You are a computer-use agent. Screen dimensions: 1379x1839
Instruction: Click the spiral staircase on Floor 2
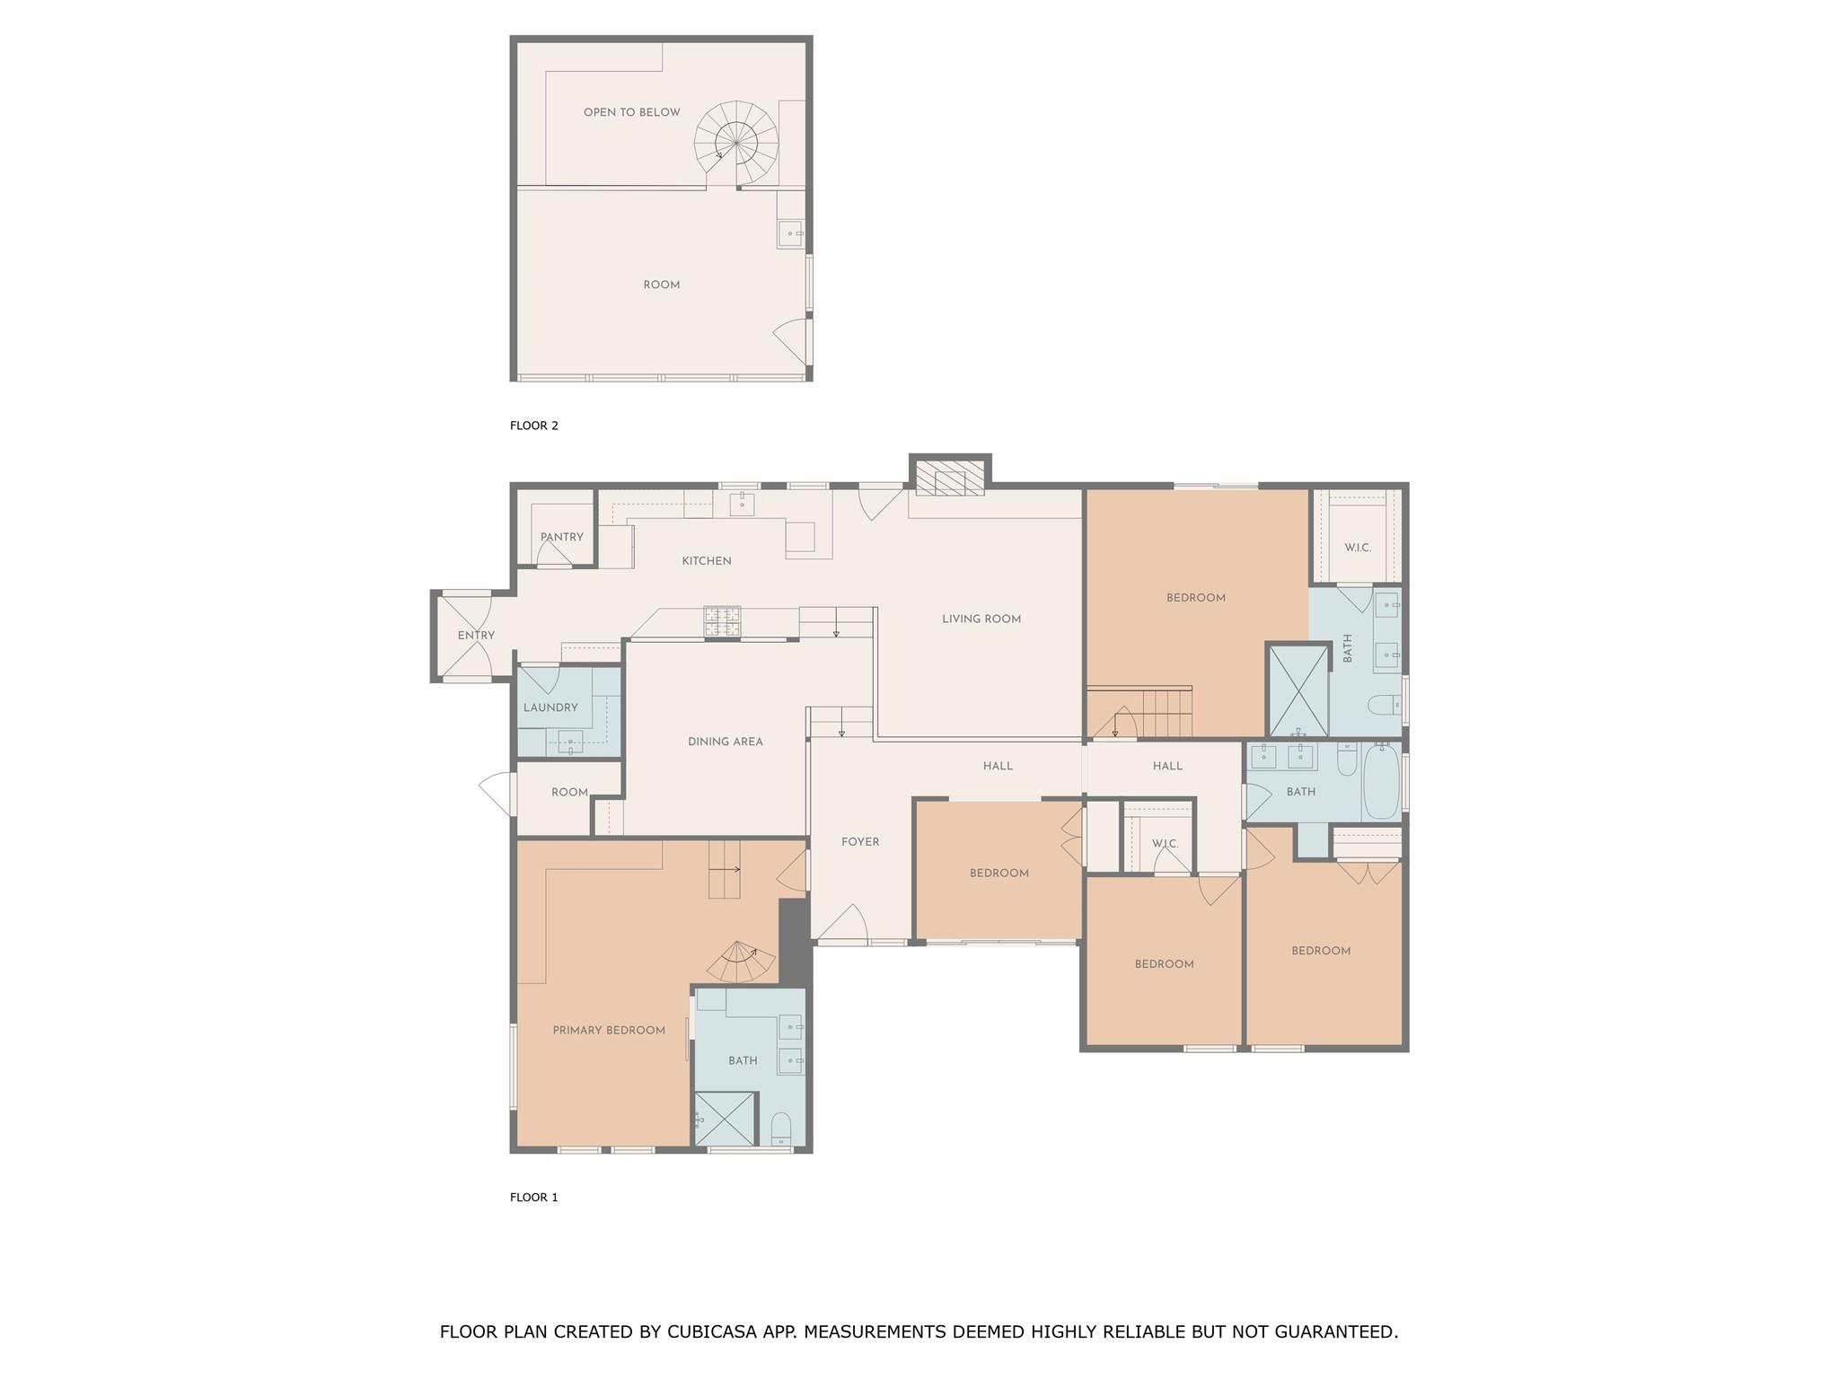pos(736,144)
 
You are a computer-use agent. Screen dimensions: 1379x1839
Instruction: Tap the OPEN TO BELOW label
pos(631,113)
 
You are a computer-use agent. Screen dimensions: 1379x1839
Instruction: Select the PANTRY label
pos(562,537)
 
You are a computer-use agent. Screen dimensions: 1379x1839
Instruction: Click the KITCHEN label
pos(707,561)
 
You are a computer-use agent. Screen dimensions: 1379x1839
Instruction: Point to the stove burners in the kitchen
pos(722,621)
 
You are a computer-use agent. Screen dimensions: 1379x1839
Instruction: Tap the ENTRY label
pos(476,636)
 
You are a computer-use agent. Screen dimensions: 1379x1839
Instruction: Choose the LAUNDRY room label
pos(550,707)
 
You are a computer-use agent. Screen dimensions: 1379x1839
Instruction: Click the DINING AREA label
pos(725,742)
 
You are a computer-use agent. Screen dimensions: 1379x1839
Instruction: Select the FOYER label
pos(860,842)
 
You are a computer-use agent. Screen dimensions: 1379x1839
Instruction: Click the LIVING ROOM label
pos(981,619)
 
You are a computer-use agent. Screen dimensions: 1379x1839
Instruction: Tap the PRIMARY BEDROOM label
pos(609,1031)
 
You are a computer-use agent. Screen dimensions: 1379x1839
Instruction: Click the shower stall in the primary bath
pos(726,1119)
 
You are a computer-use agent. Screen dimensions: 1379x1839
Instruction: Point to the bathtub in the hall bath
pos(1381,781)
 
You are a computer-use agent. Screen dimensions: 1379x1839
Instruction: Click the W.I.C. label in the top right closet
pos(1358,548)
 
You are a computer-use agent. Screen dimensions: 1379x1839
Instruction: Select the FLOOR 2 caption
pos(534,426)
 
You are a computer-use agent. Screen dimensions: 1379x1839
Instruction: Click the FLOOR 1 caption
pos(534,1197)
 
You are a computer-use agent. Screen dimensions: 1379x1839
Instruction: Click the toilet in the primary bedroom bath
pos(781,1129)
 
